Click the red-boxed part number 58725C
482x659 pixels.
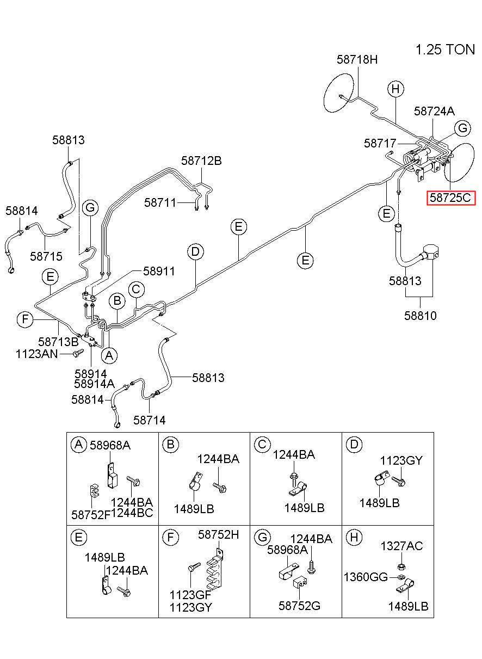(x=450, y=198)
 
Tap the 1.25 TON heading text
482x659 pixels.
(x=445, y=50)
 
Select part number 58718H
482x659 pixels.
(x=357, y=60)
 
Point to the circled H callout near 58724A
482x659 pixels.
(x=396, y=89)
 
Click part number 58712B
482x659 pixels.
(x=201, y=161)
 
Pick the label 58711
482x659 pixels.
(x=160, y=202)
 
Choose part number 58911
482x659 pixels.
(x=159, y=271)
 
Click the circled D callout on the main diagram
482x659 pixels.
(x=195, y=252)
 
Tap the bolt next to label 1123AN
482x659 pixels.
(x=78, y=353)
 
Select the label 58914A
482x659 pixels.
(x=94, y=384)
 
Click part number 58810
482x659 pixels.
(x=420, y=316)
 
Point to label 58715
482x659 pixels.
(x=46, y=256)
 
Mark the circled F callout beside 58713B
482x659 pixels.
(x=25, y=319)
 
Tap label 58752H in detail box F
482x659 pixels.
(x=219, y=534)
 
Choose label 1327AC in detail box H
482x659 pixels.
(x=401, y=546)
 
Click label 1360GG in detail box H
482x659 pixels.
(x=366, y=577)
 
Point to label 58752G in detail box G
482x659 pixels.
(x=299, y=606)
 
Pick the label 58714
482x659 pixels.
(x=150, y=420)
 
